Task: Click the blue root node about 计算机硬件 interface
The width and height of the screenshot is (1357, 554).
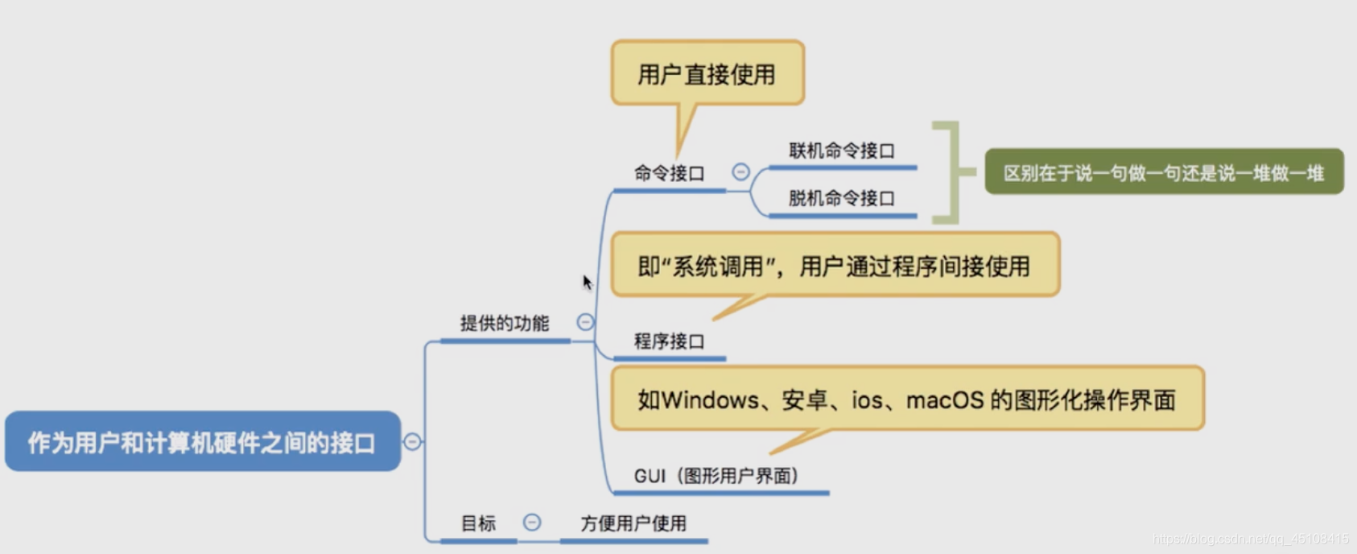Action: point(202,442)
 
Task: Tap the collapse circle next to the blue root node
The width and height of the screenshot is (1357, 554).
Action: point(412,441)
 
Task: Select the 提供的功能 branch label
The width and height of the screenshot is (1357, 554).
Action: point(505,324)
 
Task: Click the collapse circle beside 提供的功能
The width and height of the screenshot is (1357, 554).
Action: point(585,322)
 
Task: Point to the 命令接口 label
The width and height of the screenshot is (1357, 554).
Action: point(669,173)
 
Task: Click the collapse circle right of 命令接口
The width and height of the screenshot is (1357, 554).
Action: point(740,172)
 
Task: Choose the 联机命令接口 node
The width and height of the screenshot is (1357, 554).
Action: point(841,151)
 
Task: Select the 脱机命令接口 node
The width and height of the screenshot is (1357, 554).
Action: point(841,199)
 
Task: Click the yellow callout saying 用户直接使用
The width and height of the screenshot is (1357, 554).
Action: point(707,74)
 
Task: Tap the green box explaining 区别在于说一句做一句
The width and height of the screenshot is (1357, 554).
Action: point(1163,172)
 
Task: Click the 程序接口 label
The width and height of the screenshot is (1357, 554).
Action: point(669,341)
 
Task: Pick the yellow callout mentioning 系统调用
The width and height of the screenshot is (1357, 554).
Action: point(834,266)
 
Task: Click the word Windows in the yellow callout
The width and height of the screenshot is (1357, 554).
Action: point(710,400)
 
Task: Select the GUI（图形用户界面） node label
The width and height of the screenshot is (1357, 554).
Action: point(716,476)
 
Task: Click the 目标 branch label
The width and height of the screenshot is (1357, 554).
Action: point(478,523)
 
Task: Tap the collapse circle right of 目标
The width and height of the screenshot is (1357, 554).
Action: point(532,522)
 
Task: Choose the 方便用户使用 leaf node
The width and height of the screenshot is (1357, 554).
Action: point(633,523)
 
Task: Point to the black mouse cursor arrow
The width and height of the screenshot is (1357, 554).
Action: point(587,282)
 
